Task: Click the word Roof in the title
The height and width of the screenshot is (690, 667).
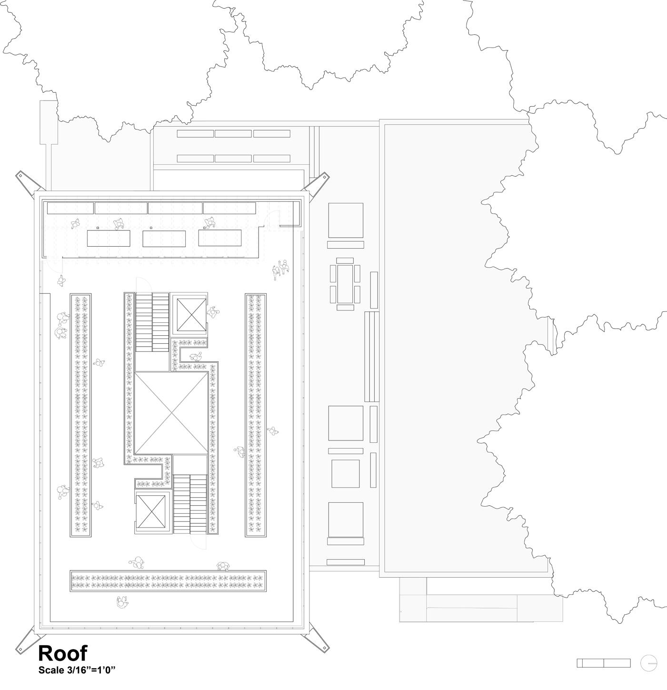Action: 62,653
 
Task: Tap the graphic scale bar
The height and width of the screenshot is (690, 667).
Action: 603,663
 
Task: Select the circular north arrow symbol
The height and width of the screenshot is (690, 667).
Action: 648,663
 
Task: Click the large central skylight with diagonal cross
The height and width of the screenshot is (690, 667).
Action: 171,413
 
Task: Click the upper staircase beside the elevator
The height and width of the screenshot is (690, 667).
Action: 152,322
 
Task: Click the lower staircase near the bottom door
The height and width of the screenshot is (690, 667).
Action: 189,504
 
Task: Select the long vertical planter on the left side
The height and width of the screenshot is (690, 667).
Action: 80,415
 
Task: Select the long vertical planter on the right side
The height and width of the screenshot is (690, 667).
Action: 256,415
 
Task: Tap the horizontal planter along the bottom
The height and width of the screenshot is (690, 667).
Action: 168,581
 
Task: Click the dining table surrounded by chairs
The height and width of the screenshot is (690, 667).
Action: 345,284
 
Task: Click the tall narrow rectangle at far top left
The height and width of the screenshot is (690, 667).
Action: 49,122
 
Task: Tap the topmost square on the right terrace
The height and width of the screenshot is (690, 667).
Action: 346,220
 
